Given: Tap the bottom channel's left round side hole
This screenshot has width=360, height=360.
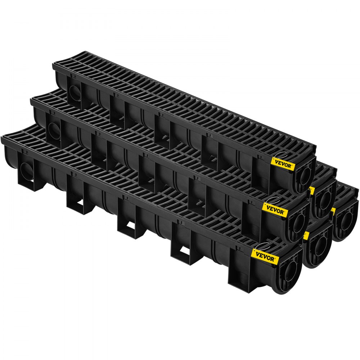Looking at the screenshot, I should pos(26,168).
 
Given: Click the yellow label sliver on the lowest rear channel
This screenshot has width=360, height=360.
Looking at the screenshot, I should pos(306,236).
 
